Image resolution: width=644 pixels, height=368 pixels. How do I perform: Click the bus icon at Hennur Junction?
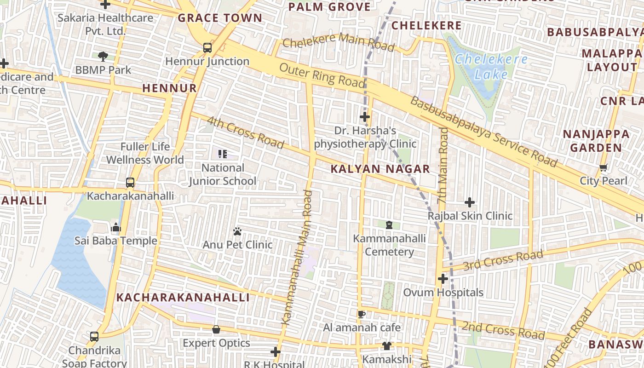(x=207, y=47)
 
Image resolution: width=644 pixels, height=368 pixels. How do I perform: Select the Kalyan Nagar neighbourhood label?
(x=380, y=169)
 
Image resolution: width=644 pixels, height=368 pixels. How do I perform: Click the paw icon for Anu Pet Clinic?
(x=237, y=231)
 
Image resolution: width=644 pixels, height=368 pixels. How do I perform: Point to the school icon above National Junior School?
(x=223, y=154)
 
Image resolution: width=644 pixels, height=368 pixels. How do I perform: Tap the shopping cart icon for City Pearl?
(x=604, y=167)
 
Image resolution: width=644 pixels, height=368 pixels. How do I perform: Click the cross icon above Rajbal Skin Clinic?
(x=470, y=202)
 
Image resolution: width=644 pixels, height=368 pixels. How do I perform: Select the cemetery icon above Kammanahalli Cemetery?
(x=389, y=225)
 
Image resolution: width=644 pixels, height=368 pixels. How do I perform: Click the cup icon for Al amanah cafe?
(x=362, y=314)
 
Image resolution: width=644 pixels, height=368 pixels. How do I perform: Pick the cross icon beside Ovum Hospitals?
(x=443, y=279)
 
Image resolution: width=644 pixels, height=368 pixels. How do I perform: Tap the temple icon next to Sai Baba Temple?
(x=115, y=227)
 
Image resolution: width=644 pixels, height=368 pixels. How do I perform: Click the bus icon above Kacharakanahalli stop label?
(x=130, y=183)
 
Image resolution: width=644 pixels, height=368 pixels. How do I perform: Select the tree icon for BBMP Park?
(x=103, y=57)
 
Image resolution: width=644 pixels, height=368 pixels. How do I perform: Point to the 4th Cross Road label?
(x=245, y=132)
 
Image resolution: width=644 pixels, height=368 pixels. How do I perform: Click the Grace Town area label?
(x=220, y=18)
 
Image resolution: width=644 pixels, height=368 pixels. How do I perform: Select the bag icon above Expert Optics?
(x=216, y=330)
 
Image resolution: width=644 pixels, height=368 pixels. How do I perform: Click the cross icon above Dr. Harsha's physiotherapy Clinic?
(x=365, y=117)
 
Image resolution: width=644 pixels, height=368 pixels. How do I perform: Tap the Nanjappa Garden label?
(x=596, y=141)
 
